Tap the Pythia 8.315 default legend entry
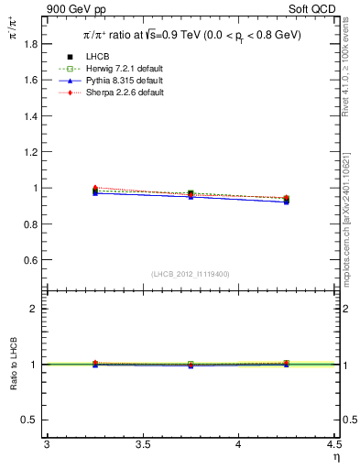[114, 81]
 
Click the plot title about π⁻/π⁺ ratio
[191, 35]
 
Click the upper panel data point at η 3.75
[191, 193]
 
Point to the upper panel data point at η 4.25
[287, 199]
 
